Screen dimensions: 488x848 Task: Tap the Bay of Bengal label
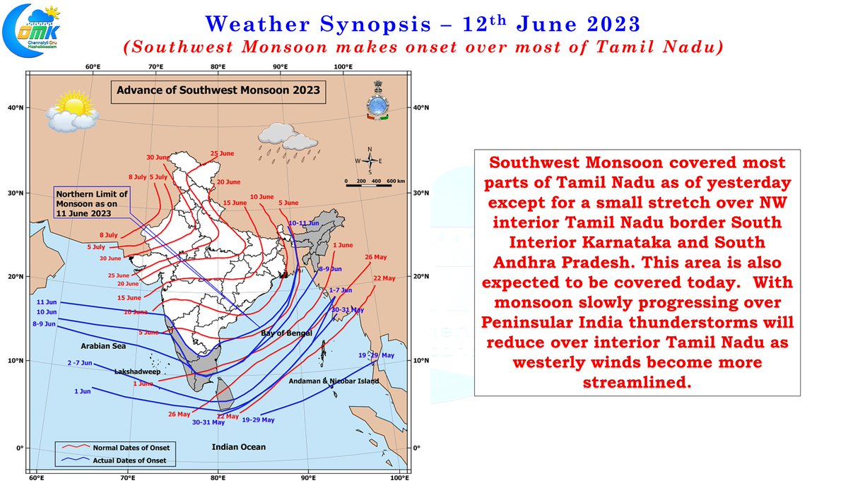tap(286, 333)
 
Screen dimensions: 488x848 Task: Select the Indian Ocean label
tap(239, 446)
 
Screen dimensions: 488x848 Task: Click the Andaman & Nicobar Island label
tap(334, 381)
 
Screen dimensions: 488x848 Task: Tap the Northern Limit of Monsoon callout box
tap(93, 203)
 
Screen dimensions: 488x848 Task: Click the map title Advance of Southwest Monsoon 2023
tap(218, 90)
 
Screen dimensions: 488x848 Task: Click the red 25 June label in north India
tap(223, 154)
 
